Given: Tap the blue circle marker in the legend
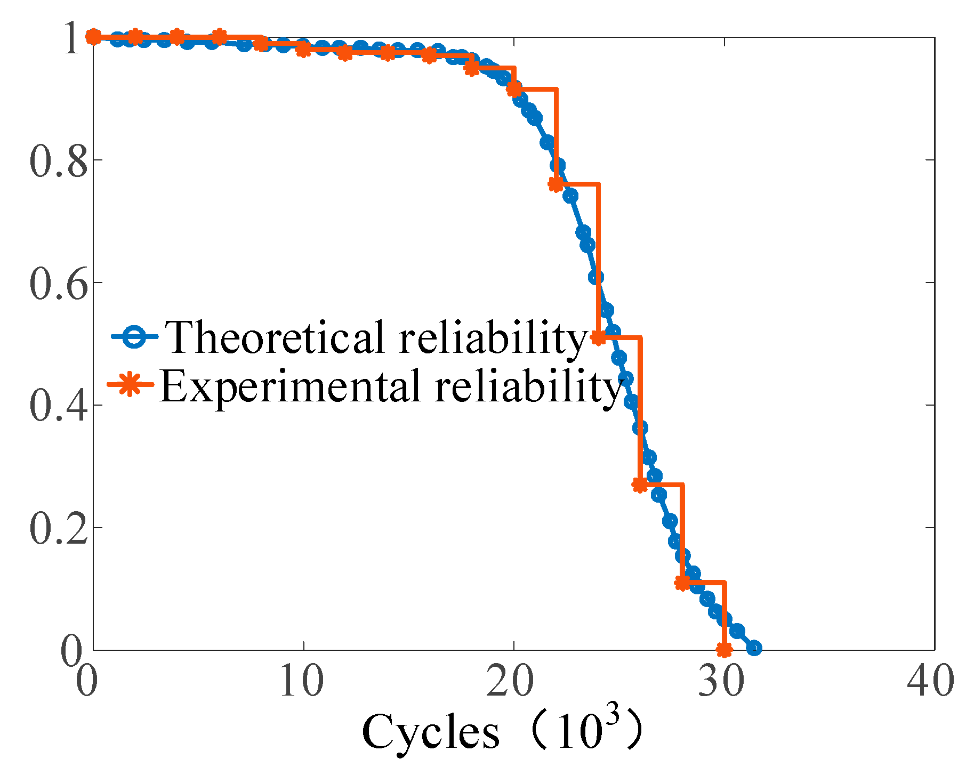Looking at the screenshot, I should click(134, 337).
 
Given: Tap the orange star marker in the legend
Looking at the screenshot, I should click(130, 384).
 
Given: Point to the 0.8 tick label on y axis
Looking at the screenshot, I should click(58, 161).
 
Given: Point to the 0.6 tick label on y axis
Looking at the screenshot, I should click(58, 284).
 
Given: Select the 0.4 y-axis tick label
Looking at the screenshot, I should click(58, 406).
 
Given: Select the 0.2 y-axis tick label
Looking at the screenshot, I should click(58, 529).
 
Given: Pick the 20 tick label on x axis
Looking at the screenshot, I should click(510, 681).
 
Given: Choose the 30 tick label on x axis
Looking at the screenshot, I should click(720, 681).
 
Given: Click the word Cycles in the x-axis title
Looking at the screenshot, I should click(431, 731).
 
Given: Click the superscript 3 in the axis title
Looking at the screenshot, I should click(613, 713).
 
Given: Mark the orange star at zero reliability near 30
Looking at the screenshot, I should click(724, 650).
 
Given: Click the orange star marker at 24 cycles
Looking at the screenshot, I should click(598, 337).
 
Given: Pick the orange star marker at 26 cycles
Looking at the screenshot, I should click(640, 485).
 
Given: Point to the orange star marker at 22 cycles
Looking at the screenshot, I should click(556, 184).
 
